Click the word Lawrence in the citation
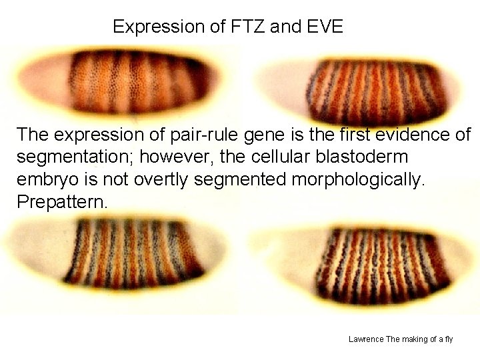(x=366, y=339)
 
